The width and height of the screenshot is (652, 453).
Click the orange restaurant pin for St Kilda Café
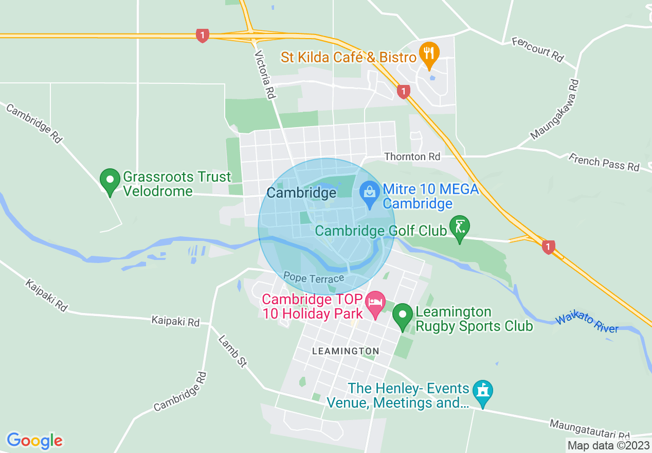pos(428,53)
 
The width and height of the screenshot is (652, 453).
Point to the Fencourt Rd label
pos(538,48)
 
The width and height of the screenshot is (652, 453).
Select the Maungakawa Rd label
pos(555,110)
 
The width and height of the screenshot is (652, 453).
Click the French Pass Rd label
pos(604,162)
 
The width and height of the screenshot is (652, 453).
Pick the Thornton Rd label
pos(412,156)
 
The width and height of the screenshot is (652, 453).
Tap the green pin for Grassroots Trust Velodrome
pos(110,181)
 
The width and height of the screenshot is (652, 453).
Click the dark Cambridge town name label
pos(301,193)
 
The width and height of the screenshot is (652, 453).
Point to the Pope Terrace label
pos(314,278)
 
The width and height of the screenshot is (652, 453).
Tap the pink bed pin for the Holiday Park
pos(375,302)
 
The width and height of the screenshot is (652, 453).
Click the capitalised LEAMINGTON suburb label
pos(346,351)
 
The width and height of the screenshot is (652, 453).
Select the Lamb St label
pos(232,351)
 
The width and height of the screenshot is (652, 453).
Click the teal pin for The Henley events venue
pos(482,392)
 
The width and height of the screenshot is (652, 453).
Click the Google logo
pos(34,441)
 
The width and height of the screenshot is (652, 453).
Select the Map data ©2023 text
pos(608,445)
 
